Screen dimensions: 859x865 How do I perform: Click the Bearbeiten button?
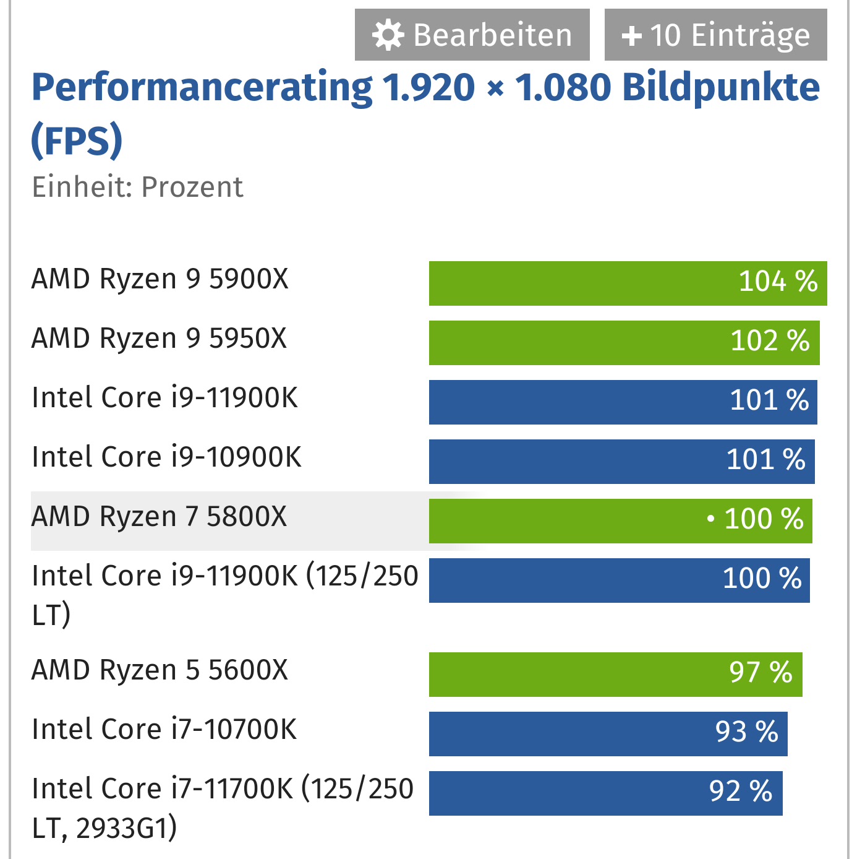[x=472, y=35]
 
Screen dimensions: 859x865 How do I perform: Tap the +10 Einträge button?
[x=715, y=35]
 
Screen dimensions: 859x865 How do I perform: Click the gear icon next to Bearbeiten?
[x=388, y=35]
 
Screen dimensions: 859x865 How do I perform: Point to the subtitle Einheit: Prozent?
[x=137, y=187]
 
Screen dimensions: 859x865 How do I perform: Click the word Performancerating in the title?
[x=202, y=87]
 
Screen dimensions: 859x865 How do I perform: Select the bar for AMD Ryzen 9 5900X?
[x=628, y=283]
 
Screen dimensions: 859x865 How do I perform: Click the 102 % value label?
[x=770, y=341]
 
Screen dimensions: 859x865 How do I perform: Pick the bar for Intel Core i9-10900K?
[x=621, y=462]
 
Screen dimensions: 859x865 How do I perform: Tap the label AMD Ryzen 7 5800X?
[x=160, y=517]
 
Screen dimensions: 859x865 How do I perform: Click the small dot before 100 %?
[x=710, y=519]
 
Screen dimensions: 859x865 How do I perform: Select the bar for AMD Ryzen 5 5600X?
[x=615, y=675]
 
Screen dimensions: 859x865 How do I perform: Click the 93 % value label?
[x=746, y=732]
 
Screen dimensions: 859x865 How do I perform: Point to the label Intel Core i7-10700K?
[x=164, y=730]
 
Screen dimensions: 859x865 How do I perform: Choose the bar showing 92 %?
[x=605, y=793]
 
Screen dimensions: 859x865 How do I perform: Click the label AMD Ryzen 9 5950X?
[x=160, y=339]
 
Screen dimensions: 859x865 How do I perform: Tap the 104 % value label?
[x=778, y=282]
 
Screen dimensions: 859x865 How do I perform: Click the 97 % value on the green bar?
[x=761, y=673]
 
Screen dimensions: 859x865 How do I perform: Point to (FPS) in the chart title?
[x=77, y=140]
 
